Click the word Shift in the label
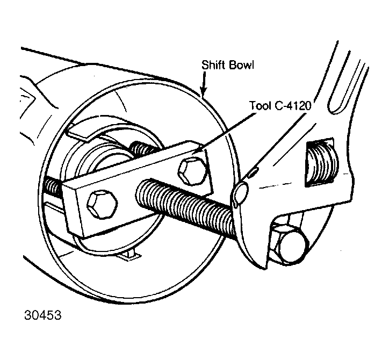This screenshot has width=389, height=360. [214, 65]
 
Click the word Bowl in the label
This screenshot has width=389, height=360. [241, 65]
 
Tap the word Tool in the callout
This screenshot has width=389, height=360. [260, 105]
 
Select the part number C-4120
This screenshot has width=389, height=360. [293, 106]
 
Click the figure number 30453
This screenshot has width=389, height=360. [42, 315]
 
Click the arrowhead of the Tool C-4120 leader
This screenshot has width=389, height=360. [196, 152]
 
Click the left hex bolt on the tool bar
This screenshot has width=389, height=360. [102, 205]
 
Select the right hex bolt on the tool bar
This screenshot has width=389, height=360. [192, 171]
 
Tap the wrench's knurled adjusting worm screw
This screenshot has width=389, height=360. [322, 163]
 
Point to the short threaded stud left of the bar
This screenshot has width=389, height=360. [53, 186]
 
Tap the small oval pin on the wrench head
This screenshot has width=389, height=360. [254, 172]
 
